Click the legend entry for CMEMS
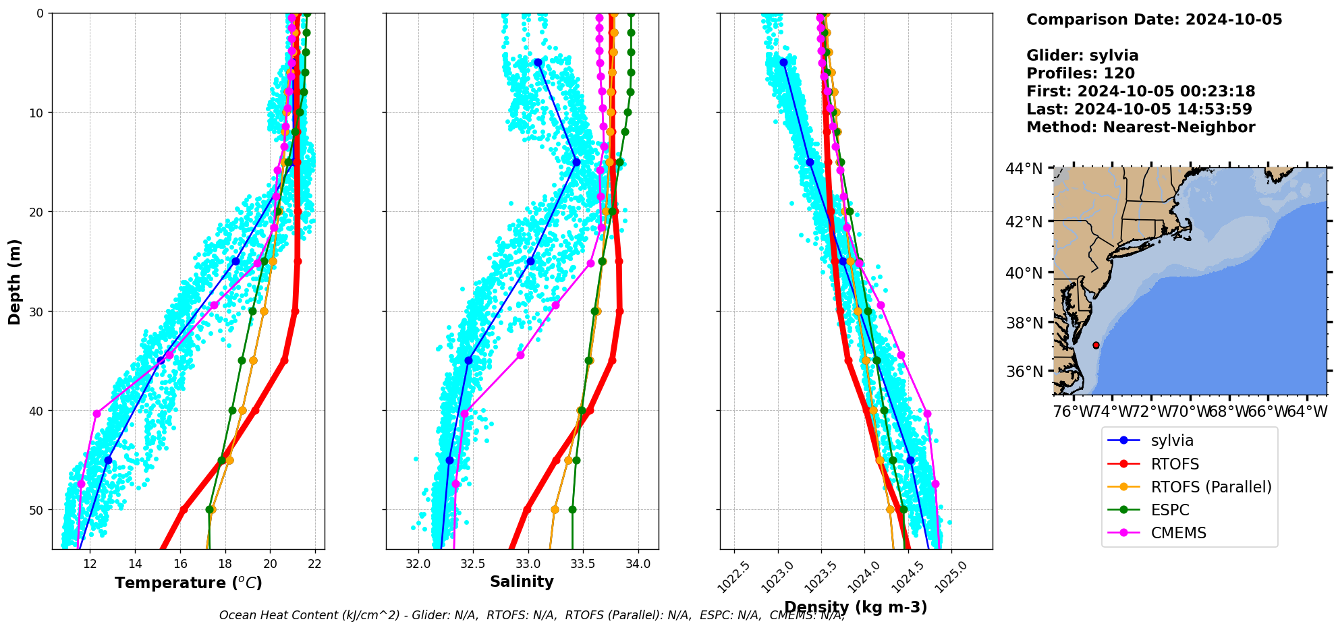pos(1178,533)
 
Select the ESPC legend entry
pos(1170,510)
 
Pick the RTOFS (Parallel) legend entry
pos(1210,487)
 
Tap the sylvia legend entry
pos(1172,440)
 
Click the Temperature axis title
pos(188,583)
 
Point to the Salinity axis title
pos(522,581)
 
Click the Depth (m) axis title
pos(14,281)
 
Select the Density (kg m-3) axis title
pos(856,607)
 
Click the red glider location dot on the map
pos(1096,345)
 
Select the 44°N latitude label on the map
pos(1024,169)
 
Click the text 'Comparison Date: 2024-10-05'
pos(1154,20)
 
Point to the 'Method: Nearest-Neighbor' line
pos(1140,127)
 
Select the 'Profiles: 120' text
pos(1080,74)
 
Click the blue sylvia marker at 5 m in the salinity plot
pos(538,63)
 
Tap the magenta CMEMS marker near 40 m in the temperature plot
pos(96,413)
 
